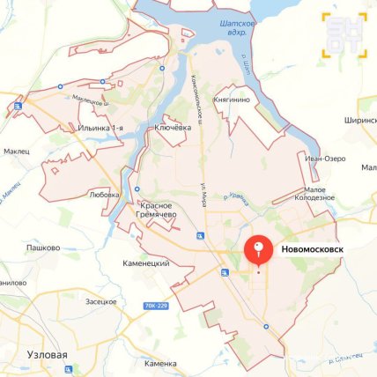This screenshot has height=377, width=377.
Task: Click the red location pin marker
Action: tap(257, 251)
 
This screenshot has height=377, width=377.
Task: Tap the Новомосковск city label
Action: tap(313, 250)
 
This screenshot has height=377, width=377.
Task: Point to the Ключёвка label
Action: tap(173, 128)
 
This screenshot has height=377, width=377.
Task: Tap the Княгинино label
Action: tap(234, 101)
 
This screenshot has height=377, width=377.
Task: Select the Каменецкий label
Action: tap(146, 263)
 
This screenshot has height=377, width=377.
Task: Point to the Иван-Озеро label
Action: tap(324, 159)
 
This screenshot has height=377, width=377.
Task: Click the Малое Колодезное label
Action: tap(326, 194)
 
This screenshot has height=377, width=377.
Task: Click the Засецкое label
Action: tap(100, 301)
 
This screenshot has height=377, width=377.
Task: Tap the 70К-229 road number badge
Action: tap(155, 307)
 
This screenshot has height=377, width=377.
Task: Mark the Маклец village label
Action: tap(16, 151)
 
